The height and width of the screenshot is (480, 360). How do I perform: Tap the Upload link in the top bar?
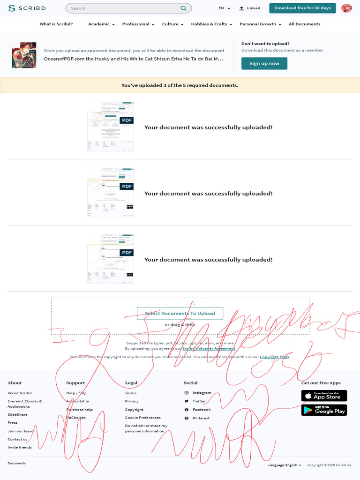point(249,8)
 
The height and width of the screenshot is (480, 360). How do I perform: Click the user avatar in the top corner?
point(346,8)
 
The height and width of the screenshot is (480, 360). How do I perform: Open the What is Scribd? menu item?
point(56,24)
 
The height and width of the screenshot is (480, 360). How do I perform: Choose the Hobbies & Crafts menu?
point(211,24)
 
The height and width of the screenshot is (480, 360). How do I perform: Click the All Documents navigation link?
point(304,24)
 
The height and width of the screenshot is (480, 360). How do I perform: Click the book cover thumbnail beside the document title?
point(24,55)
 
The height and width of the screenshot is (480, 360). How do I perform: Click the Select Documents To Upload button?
point(180,313)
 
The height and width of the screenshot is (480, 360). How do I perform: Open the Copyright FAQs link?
point(274,357)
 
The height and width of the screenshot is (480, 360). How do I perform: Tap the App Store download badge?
point(324,396)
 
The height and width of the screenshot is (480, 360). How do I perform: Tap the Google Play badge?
point(324,410)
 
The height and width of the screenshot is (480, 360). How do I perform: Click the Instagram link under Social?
point(202,393)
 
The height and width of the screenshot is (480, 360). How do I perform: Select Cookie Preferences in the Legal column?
point(142,418)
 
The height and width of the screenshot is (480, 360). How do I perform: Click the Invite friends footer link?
point(20,447)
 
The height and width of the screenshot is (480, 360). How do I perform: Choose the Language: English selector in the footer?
point(285,465)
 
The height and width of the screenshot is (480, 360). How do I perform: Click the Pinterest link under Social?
point(201,418)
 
